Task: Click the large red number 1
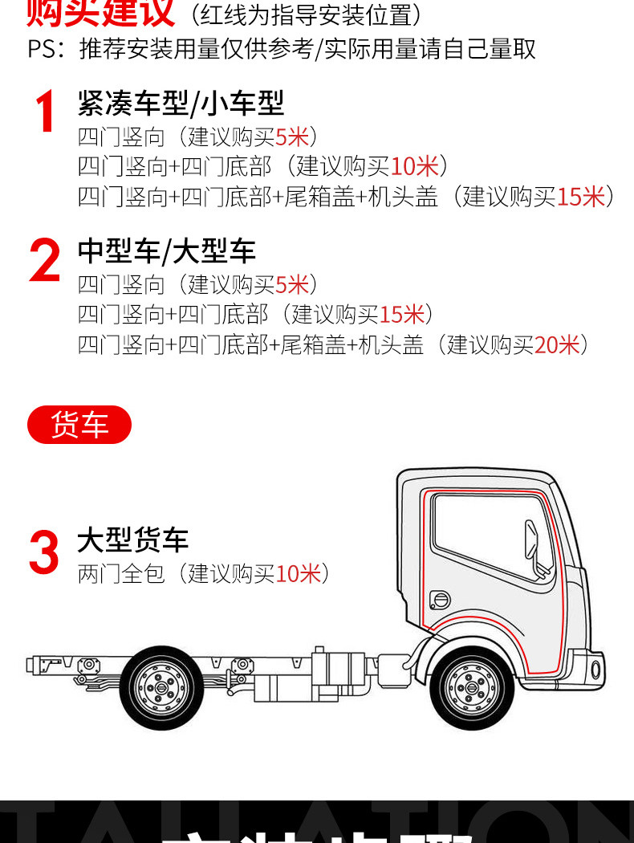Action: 45,112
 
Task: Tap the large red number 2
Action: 45,261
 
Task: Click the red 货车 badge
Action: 79,425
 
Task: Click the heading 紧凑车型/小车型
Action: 181,103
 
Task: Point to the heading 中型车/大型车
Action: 166,250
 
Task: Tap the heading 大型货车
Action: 132,540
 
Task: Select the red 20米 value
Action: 556,344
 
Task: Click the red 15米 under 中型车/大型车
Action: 400,314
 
